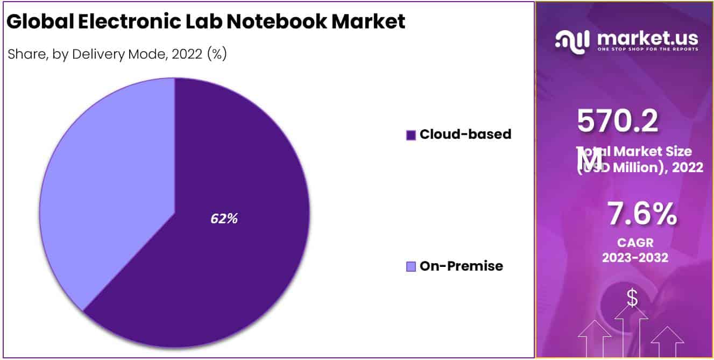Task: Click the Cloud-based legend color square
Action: pos(411,135)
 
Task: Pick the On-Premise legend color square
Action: pos(411,266)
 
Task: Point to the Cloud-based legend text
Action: pos(465,135)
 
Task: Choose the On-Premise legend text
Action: pos(461,266)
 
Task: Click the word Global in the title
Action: pos(41,22)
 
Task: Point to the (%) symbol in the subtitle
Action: pos(217,54)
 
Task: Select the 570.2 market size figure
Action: pos(618,121)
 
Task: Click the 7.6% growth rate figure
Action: pos(642,214)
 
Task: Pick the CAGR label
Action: pos(635,243)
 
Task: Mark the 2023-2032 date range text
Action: pos(635,258)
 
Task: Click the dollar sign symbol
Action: pos(632,298)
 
